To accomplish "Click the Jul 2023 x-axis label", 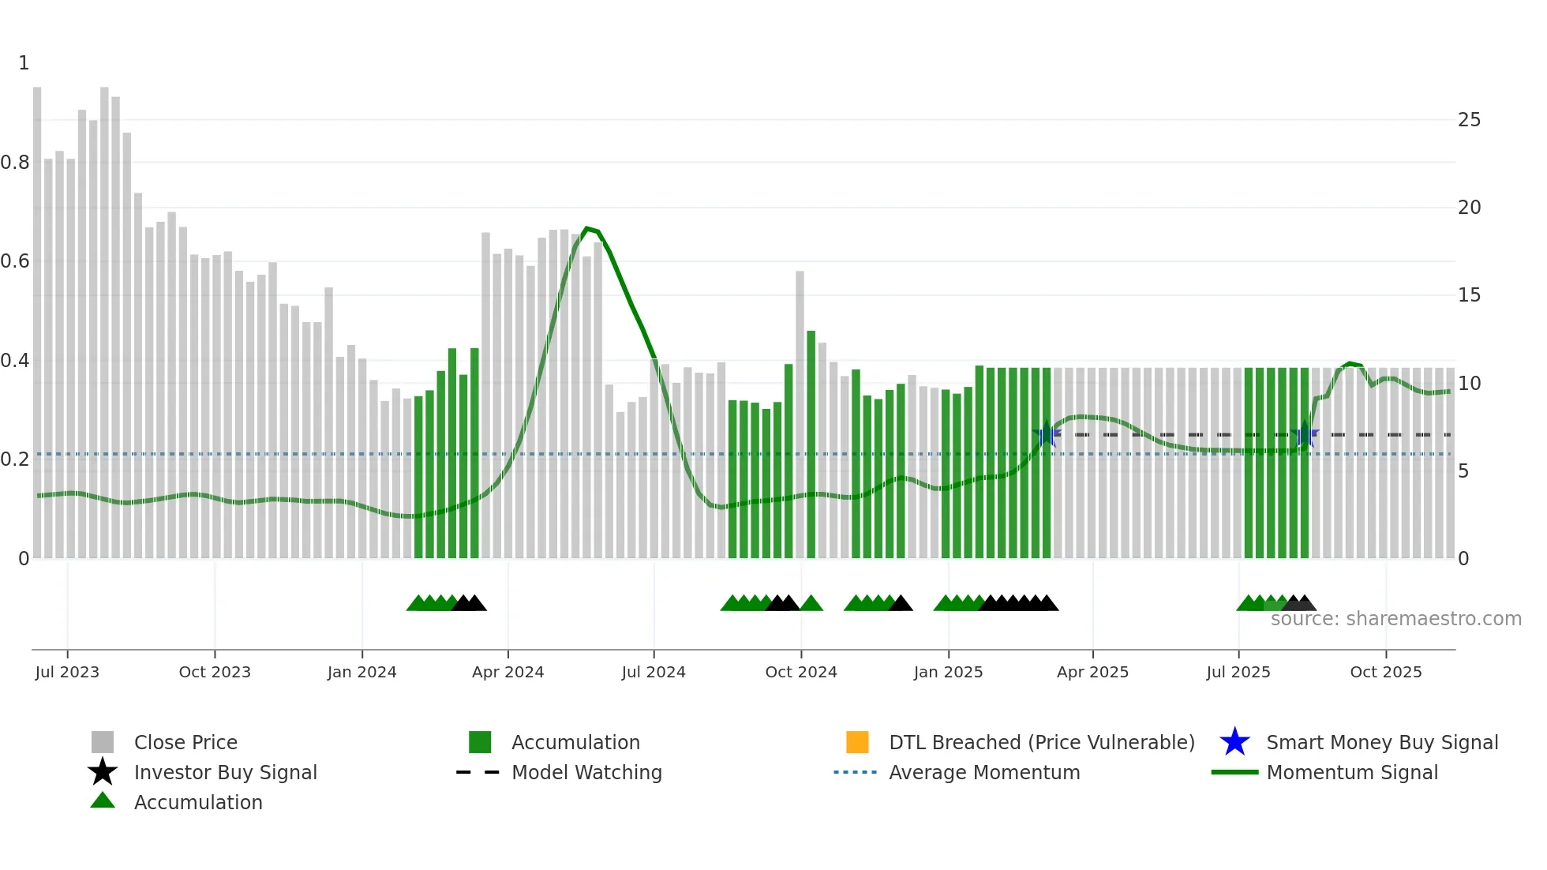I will pyautogui.click(x=67, y=672).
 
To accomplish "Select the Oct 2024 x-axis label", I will pyautogui.click(x=800, y=672).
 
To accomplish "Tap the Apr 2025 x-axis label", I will pyautogui.click(x=1092, y=672).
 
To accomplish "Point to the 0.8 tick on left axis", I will pyautogui.click(x=15, y=163).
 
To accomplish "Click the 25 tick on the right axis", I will pyautogui.click(x=1469, y=120).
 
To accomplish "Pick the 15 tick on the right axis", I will pyautogui.click(x=1469, y=295).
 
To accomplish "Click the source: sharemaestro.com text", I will pyautogui.click(x=1395, y=619).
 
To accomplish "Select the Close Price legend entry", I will pyautogui.click(x=185, y=743).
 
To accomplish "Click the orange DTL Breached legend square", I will pyautogui.click(x=857, y=742).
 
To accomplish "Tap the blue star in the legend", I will pyautogui.click(x=1234, y=742).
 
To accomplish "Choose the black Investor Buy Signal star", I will pyautogui.click(x=103, y=772).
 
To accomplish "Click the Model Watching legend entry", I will pyautogui.click(x=586, y=773).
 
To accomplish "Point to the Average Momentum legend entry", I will pyautogui.click(x=984, y=773).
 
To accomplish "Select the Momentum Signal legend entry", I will pyautogui.click(x=1351, y=773).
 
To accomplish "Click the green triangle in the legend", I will pyautogui.click(x=103, y=801).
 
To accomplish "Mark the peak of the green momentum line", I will pyautogui.click(x=586, y=228).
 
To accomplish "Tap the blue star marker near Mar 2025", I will pyautogui.click(x=1046, y=434).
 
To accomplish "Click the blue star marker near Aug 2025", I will pyautogui.click(x=1305, y=435).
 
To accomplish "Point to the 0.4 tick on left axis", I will pyautogui.click(x=15, y=361).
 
